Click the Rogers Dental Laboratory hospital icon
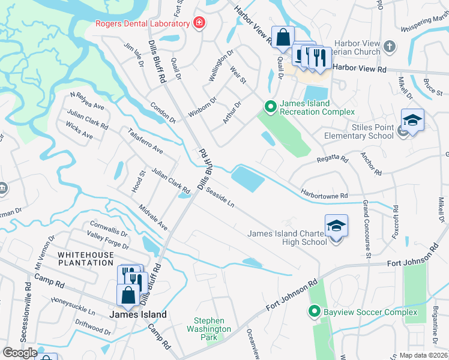199,23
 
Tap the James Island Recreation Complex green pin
270,107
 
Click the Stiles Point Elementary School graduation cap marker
412,121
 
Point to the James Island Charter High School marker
336,226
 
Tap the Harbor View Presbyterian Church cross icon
390,47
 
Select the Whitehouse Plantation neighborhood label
85,259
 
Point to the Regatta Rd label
332,160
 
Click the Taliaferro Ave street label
145,139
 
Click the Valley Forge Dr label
107,241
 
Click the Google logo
20,353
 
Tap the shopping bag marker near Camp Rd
128,295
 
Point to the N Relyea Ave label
87,101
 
